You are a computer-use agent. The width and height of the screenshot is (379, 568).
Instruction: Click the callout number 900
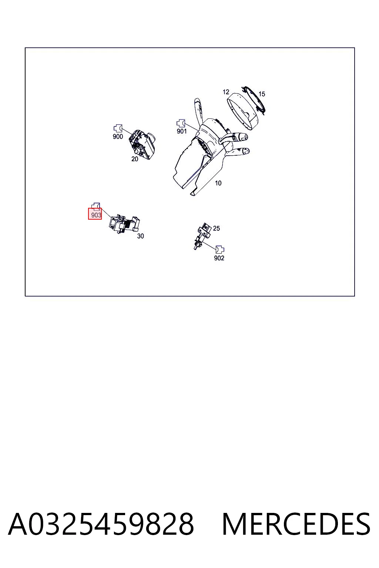coord(118,136)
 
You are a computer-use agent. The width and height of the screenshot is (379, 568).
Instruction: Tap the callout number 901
coord(182,131)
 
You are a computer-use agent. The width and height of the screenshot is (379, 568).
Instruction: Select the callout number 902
coord(219,258)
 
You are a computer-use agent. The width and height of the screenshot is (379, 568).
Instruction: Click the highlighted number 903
coord(96,215)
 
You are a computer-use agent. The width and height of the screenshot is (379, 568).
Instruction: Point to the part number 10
coord(218,183)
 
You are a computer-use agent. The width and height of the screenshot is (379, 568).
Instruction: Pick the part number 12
coord(226,92)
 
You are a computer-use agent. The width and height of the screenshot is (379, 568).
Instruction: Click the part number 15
coord(262,94)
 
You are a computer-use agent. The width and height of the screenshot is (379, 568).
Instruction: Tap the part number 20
coord(135,159)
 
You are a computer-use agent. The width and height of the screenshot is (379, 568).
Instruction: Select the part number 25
coord(216,229)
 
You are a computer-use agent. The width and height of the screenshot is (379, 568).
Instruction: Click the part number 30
coord(140,236)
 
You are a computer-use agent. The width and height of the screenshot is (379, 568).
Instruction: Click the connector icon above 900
coord(118,129)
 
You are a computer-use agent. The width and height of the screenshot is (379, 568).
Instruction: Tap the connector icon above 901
coord(181,124)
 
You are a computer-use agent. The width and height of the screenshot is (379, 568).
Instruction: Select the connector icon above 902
coord(220,250)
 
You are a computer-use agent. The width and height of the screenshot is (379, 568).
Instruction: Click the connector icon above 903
coord(96,207)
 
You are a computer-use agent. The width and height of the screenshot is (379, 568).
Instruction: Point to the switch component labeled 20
coord(142,145)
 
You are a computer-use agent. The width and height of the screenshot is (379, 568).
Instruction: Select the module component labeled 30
coord(124,224)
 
